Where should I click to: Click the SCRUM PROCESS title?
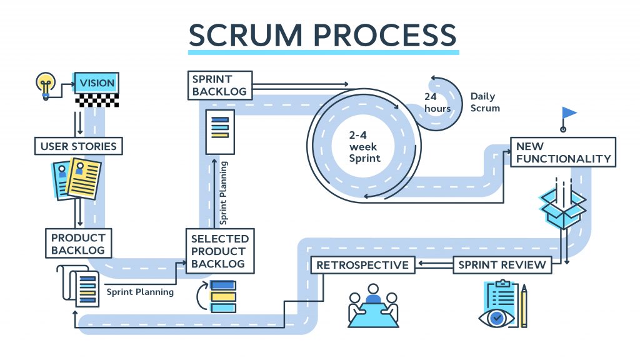click(323, 34)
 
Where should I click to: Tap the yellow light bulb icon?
click(45, 84)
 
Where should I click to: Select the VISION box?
click(97, 82)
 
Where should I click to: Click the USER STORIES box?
click(78, 147)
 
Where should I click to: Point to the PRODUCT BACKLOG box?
click(78, 244)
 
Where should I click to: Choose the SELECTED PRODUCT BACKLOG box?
click(219, 251)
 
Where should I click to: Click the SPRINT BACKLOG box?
click(219, 85)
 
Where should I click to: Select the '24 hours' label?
click(437, 102)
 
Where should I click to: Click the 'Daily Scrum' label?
click(485, 102)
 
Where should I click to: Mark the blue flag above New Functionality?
click(568, 113)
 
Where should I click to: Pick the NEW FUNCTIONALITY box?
click(562, 152)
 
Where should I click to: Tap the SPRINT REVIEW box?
click(502, 265)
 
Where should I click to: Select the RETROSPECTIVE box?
click(362, 265)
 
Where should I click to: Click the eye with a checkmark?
click(497, 317)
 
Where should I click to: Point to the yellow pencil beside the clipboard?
click(524, 306)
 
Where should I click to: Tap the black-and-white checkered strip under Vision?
click(97, 99)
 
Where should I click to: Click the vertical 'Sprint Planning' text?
click(224, 192)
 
